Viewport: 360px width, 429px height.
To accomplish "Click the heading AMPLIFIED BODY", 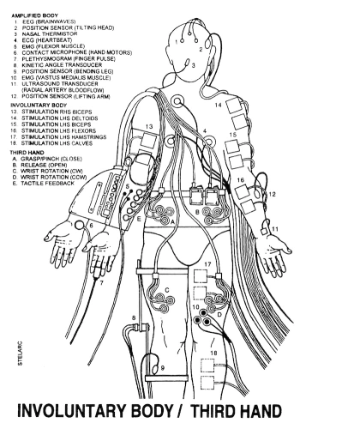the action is (34, 15).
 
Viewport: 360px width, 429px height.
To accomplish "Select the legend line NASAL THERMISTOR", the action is (50, 33).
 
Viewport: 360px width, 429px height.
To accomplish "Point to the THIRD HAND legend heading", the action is (27, 153).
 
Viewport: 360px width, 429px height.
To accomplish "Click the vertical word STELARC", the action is (20, 353).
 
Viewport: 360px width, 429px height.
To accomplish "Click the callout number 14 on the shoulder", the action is (218, 106).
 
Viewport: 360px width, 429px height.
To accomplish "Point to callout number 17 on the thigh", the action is (207, 264).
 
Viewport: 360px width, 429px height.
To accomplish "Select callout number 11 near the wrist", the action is (275, 229).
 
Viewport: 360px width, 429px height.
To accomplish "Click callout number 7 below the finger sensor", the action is (101, 283).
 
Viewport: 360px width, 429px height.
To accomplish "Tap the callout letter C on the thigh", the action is (167, 290).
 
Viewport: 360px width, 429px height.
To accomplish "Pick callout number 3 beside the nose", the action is (194, 65).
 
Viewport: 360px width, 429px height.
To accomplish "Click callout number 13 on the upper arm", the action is (149, 126).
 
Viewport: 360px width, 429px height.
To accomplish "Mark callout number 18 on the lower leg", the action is (213, 353).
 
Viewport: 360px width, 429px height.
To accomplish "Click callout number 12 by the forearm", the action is (272, 194).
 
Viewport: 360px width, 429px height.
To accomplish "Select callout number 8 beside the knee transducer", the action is (134, 317).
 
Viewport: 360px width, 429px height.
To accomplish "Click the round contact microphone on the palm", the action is (79, 226).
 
